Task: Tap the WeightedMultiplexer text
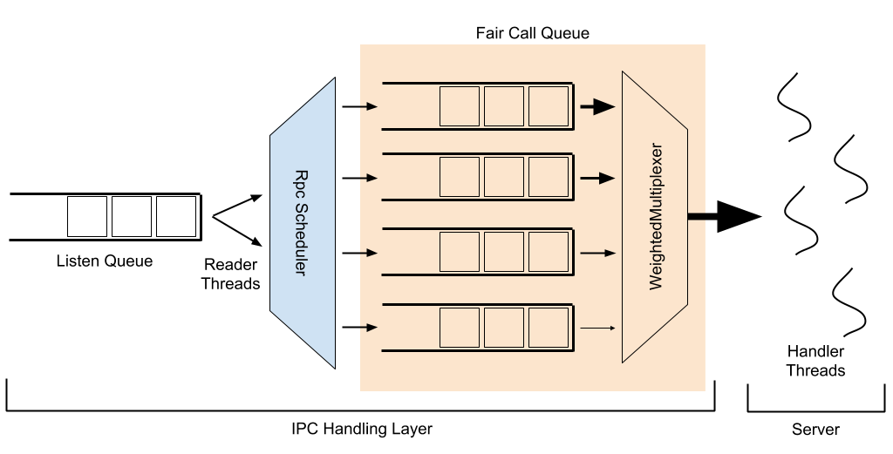[657, 217]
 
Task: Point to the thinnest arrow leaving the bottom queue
[597, 329]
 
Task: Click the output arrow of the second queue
[597, 178]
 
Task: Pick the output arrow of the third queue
[597, 253]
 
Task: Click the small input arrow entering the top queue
[369, 106]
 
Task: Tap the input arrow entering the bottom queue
[369, 328]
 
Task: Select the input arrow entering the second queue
[369, 178]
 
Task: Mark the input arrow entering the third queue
[369, 253]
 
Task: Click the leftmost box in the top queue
[460, 106]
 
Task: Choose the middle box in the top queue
[504, 106]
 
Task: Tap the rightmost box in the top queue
[549, 106]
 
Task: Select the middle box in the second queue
[504, 177]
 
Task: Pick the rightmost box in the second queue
[549, 177]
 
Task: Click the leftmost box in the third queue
[460, 252]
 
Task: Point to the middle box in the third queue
[504, 252]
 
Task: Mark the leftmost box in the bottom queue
[460, 328]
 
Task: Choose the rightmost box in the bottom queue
[549, 328]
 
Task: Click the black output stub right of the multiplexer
[697, 216]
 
